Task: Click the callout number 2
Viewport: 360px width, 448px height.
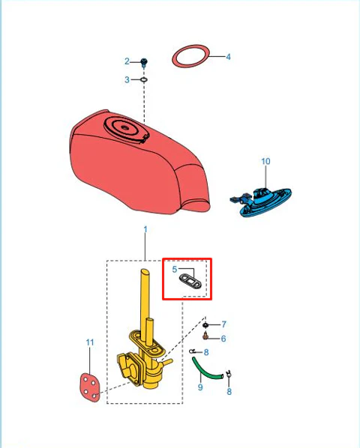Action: pos(127,61)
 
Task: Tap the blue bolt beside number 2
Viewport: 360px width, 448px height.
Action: pos(145,63)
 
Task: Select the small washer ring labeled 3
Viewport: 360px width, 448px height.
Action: pos(144,79)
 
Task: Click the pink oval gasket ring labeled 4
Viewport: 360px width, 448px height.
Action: pos(190,56)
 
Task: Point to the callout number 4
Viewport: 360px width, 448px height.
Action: pos(228,57)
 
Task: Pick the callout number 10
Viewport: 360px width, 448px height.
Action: pos(265,161)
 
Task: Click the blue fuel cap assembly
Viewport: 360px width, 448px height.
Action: pos(261,202)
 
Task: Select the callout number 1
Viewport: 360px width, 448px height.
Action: pos(145,229)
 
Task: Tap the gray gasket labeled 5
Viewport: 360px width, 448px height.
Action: pos(190,282)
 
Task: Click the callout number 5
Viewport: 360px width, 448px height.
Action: pos(175,269)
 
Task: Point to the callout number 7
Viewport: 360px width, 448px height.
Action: pos(223,324)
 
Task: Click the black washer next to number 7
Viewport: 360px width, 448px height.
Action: pos(205,325)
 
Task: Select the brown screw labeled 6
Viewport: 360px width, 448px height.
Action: pos(205,336)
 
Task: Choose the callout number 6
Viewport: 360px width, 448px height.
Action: pos(223,339)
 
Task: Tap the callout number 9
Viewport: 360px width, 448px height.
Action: pos(200,387)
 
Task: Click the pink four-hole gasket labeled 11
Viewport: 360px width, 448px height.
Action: pos(90,387)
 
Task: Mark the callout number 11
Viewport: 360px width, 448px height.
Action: pos(90,342)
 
